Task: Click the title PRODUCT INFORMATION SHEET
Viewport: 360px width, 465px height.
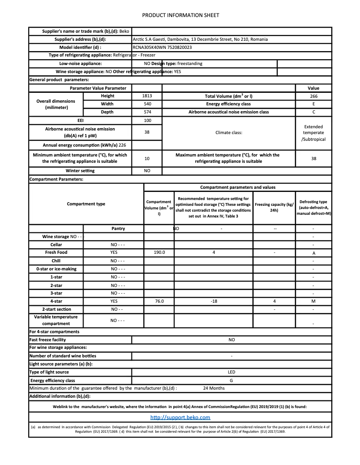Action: coord(180,15)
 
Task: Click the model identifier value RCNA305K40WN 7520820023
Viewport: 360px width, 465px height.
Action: coord(162,47)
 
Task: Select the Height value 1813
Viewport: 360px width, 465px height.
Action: coord(147,96)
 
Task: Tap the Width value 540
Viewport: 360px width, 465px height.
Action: coord(147,104)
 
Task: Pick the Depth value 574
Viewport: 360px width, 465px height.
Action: coord(147,112)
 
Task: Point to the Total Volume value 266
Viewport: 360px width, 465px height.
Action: coord(313,96)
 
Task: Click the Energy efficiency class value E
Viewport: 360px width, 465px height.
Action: coord(313,104)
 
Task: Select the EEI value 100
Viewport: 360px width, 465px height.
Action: coord(147,120)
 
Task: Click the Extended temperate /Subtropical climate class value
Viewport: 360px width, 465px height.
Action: coord(313,133)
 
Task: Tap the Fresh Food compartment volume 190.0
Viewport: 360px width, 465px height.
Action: coord(159,252)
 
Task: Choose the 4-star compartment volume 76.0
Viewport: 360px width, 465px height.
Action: coord(159,301)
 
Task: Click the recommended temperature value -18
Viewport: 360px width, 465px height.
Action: coord(214,301)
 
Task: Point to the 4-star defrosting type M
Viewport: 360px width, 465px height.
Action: coord(313,301)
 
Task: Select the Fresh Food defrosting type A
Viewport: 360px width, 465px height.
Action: coord(313,253)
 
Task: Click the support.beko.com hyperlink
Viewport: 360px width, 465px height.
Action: coord(180,417)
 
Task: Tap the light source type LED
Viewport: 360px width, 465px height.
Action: coord(232,372)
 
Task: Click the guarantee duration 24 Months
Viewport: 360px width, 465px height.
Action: coord(214,388)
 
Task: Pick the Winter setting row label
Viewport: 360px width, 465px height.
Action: coord(80,171)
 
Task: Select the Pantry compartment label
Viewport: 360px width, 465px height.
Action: coord(118,228)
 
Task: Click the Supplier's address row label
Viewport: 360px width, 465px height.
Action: coord(80,39)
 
